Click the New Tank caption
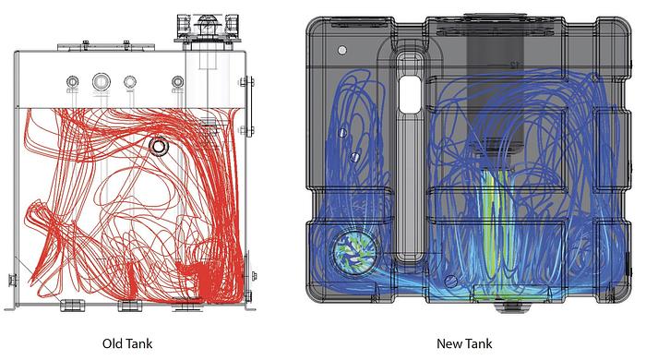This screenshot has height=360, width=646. tap(464, 342)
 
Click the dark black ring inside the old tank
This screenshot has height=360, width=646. tap(159, 146)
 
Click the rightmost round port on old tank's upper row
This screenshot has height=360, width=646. tap(175, 82)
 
